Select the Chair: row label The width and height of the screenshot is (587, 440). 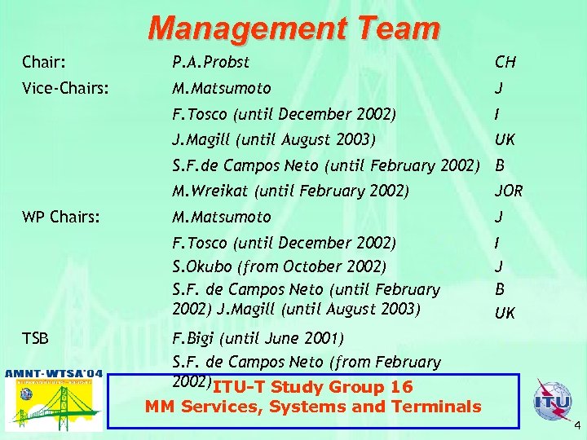(x=44, y=62)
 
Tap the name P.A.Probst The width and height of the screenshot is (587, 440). (x=211, y=62)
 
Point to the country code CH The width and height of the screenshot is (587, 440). (x=505, y=62)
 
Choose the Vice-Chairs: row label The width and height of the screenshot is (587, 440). (x=65, y=88)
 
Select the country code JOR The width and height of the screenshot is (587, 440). (x=509, y=191)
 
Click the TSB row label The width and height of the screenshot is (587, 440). (x=36, y=337)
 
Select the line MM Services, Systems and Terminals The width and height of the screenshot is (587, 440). (x=313, y=407)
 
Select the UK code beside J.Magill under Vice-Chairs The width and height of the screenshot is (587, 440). (x=505, y=139)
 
